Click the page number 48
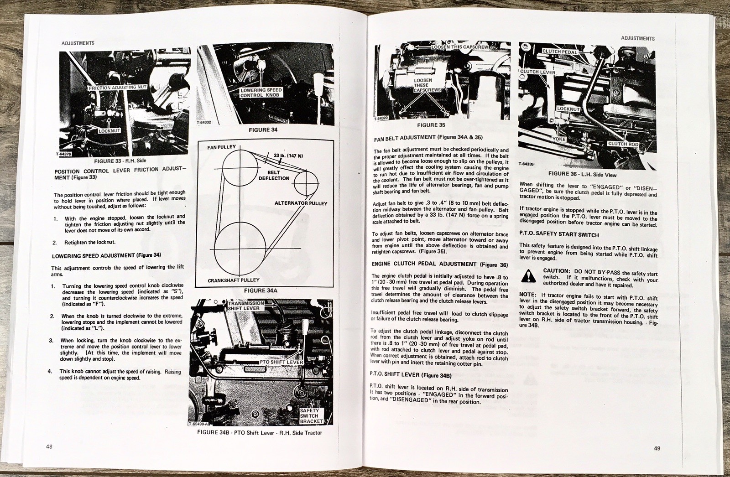(x=49, y=446)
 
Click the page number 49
(x=657, y=448)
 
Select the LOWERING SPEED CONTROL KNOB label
(x=261, y=93)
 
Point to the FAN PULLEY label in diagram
(x=221, y=147)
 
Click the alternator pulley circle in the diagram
(x=306, y=184)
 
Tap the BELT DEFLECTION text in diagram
(x=274, y=175)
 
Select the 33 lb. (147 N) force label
(x=288, y=156)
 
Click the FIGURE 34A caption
(x=261, y=290)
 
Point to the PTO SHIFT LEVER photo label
(x=282, y=362)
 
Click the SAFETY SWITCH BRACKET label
(x=310, y=416)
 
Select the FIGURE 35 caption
(x=431, y=125)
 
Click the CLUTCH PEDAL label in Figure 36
(x=559, y=52)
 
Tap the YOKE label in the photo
(x=559, y=139)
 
